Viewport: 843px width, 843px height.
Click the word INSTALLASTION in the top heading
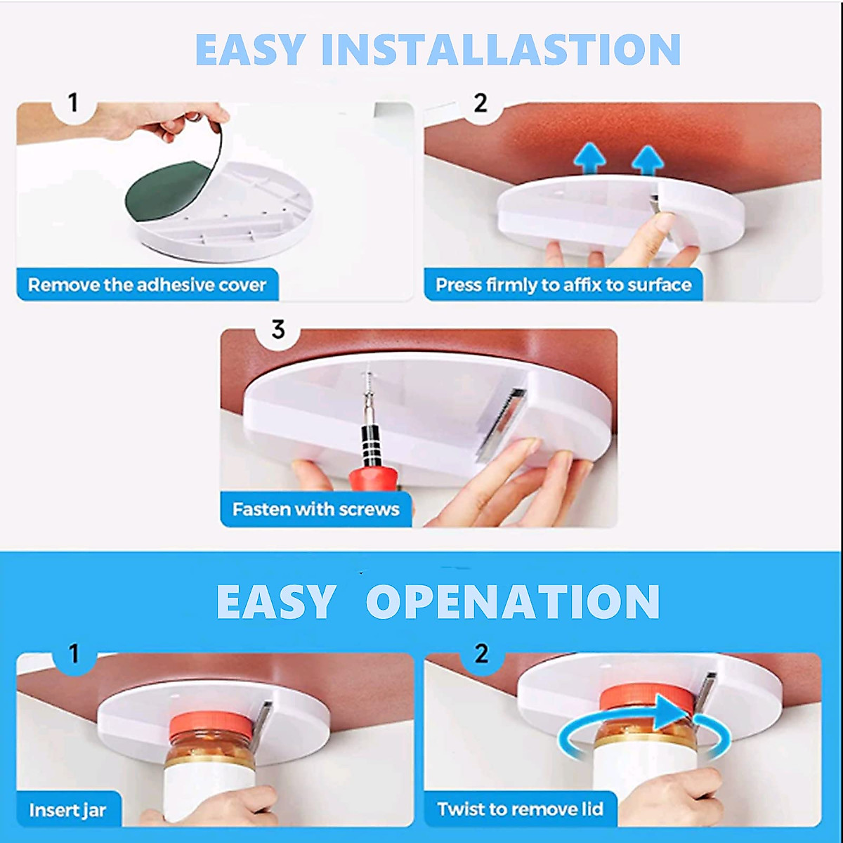click(500, 49)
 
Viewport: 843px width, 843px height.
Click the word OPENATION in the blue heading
click(513, 602)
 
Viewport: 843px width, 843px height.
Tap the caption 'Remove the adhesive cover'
click(147, 285)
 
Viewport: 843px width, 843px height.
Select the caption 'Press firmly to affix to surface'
click(563, 285)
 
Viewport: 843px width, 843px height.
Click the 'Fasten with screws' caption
click(315, 509)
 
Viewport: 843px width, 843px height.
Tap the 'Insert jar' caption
click(67, 810)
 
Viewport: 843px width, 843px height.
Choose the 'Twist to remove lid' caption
click(520, 809)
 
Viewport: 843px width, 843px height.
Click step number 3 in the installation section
click(278, 329)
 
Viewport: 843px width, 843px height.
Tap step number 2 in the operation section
click(481, 654)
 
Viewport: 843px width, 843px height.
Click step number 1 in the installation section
click(73, 103)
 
